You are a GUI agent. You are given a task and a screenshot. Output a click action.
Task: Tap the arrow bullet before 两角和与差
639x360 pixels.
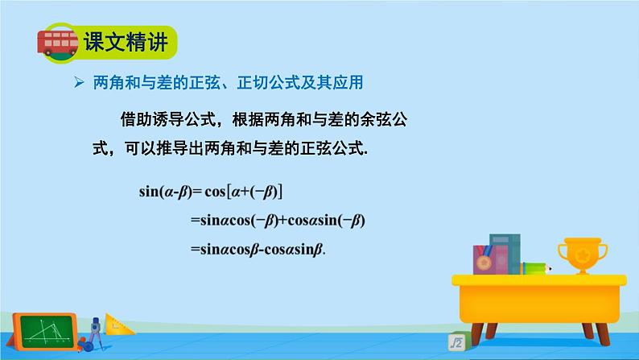pos(79,82)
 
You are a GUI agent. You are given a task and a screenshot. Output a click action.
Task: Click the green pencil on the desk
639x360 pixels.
pos(535,268)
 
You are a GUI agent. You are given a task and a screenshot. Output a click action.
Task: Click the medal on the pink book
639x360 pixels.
pos(484,262)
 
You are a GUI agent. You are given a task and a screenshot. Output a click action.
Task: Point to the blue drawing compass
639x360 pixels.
pos(94,331)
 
